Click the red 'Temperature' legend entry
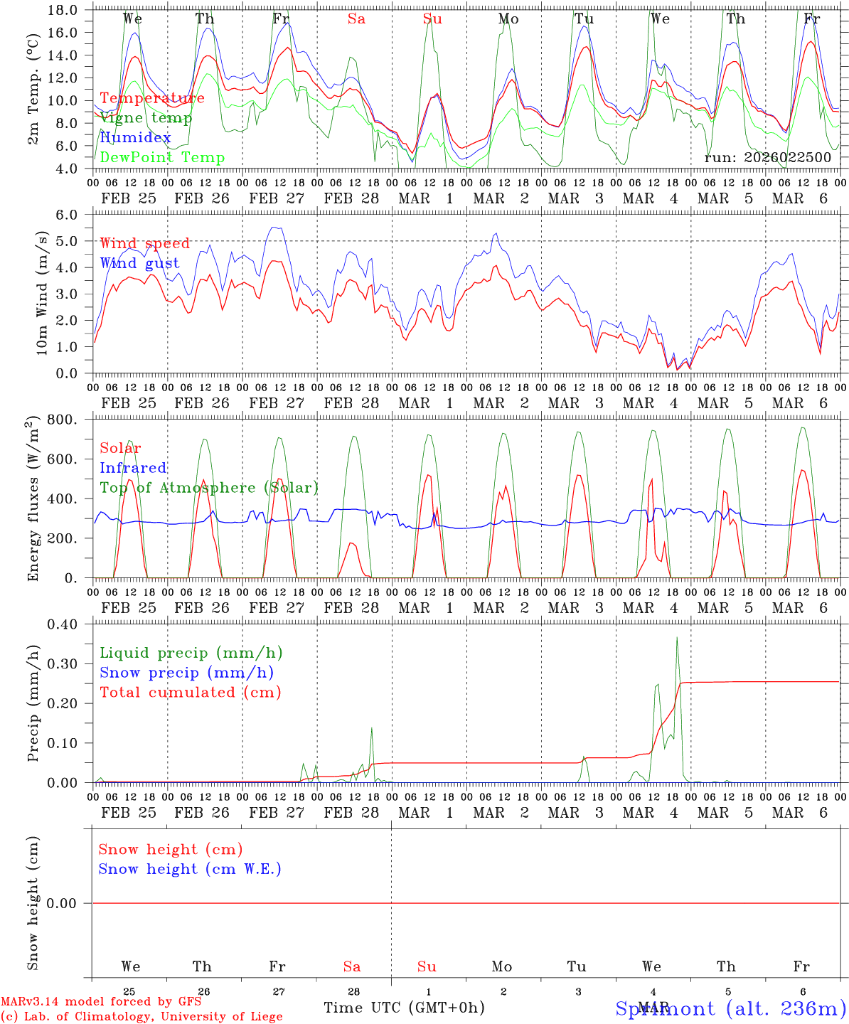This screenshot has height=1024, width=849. (151, 98)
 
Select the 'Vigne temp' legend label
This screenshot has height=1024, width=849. (146, 118)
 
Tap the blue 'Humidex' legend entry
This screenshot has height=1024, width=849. (135, 138)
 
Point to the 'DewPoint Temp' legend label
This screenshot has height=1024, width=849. (162, 158)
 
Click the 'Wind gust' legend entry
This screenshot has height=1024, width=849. (139, 263)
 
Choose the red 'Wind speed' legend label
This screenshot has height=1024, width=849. (145, 243)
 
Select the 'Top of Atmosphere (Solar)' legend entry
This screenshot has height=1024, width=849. (209, 488)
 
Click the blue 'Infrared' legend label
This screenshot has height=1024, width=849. (133, 468)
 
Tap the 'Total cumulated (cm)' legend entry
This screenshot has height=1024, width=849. (191, 693)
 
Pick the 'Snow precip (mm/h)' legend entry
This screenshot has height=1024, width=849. (186, 673)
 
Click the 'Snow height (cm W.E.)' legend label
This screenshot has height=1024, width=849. (190, 869)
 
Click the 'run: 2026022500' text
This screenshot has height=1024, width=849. (767, 157)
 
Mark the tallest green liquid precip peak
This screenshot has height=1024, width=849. (677, 638)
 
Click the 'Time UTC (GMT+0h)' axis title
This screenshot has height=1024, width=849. (404, 1008)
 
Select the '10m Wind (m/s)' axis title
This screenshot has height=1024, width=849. (41, 293)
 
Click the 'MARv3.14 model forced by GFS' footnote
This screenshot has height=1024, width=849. (101, 1002)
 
